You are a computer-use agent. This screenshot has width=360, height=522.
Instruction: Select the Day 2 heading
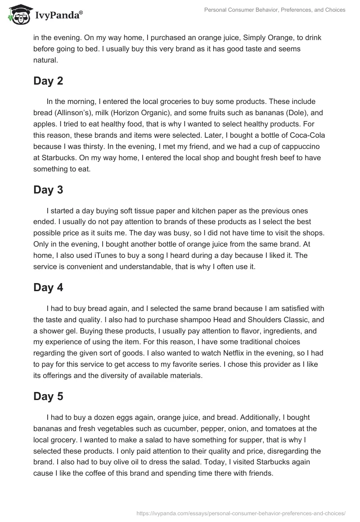click(48, 81)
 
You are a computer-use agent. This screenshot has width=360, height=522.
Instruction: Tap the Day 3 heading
click(48, 190)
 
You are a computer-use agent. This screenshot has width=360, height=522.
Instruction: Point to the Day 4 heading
click(48, 288)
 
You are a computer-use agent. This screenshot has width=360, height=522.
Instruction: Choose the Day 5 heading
click(48, 396)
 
